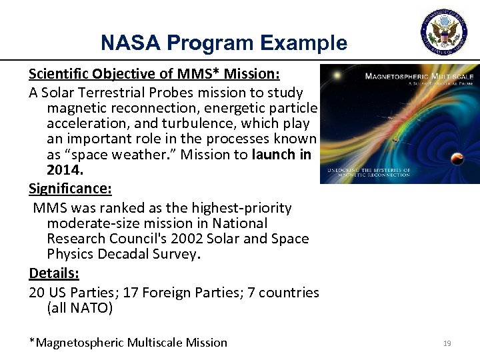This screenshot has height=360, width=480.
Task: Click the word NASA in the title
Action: [x=127, y=43]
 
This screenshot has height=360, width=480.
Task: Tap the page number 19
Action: [x=447, y=343]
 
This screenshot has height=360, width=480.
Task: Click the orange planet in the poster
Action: [x=458, y=158]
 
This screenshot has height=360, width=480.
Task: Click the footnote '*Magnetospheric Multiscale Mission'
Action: [x=128, y=343]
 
